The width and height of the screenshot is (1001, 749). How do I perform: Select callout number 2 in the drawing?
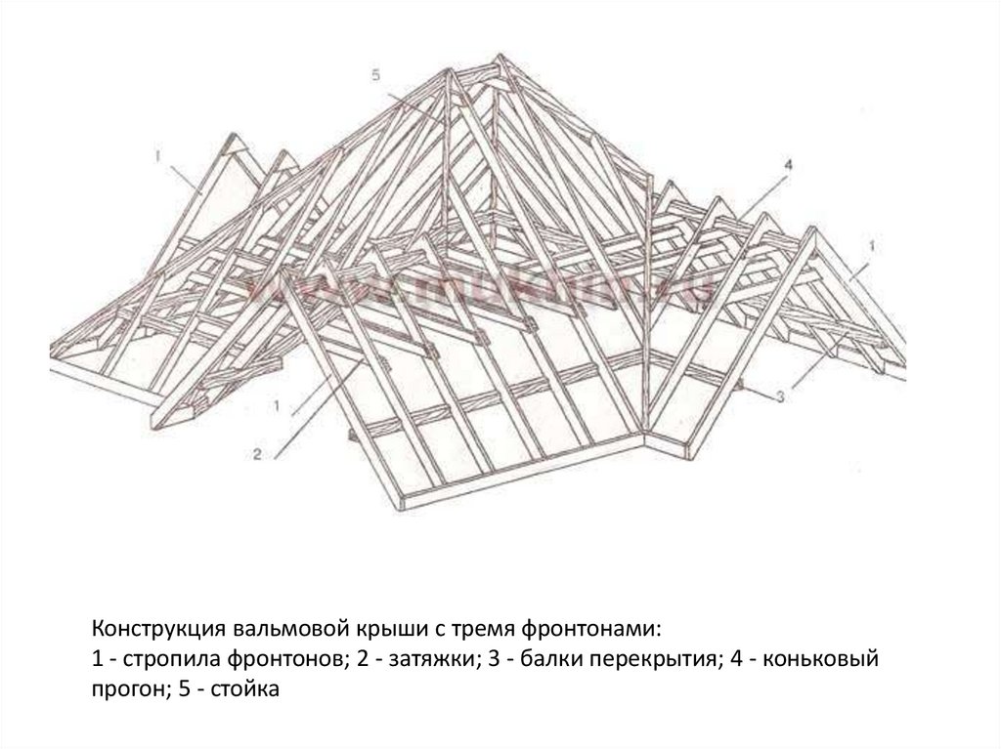[256, 453]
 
